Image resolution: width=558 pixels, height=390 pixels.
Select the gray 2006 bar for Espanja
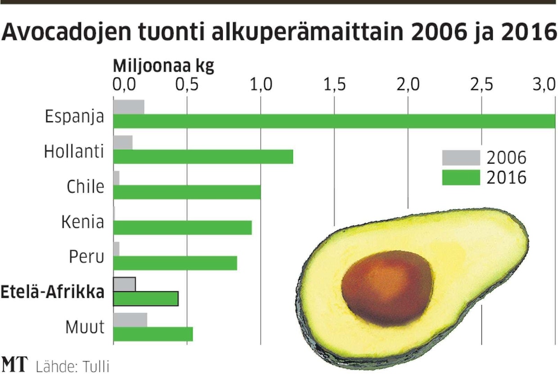pos(129,107)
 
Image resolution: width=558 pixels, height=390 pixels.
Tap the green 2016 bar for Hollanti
pos(203,157)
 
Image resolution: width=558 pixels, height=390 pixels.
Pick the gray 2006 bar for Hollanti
pos(123,142)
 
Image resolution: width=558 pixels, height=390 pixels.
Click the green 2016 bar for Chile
pos(187,192)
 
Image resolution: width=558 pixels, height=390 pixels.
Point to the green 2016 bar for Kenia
pos(182,228)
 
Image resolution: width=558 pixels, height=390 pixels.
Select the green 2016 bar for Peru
pos(175,263)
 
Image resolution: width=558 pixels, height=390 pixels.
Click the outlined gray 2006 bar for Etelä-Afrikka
pos(124,284)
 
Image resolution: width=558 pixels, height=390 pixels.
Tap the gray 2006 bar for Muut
pos(130,320)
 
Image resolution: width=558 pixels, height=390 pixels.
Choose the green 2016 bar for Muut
pos(153,334)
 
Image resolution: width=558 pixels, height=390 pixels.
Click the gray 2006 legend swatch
pos(461,158)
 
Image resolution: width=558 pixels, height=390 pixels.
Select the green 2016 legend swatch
pos(461,177)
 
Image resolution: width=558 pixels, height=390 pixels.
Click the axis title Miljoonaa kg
pos(163,66)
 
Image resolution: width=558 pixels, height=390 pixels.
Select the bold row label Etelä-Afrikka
pos(53,292)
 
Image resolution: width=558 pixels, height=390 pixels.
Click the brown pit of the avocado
pos(387,288)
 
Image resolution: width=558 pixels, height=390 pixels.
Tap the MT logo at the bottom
pos(15,365)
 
